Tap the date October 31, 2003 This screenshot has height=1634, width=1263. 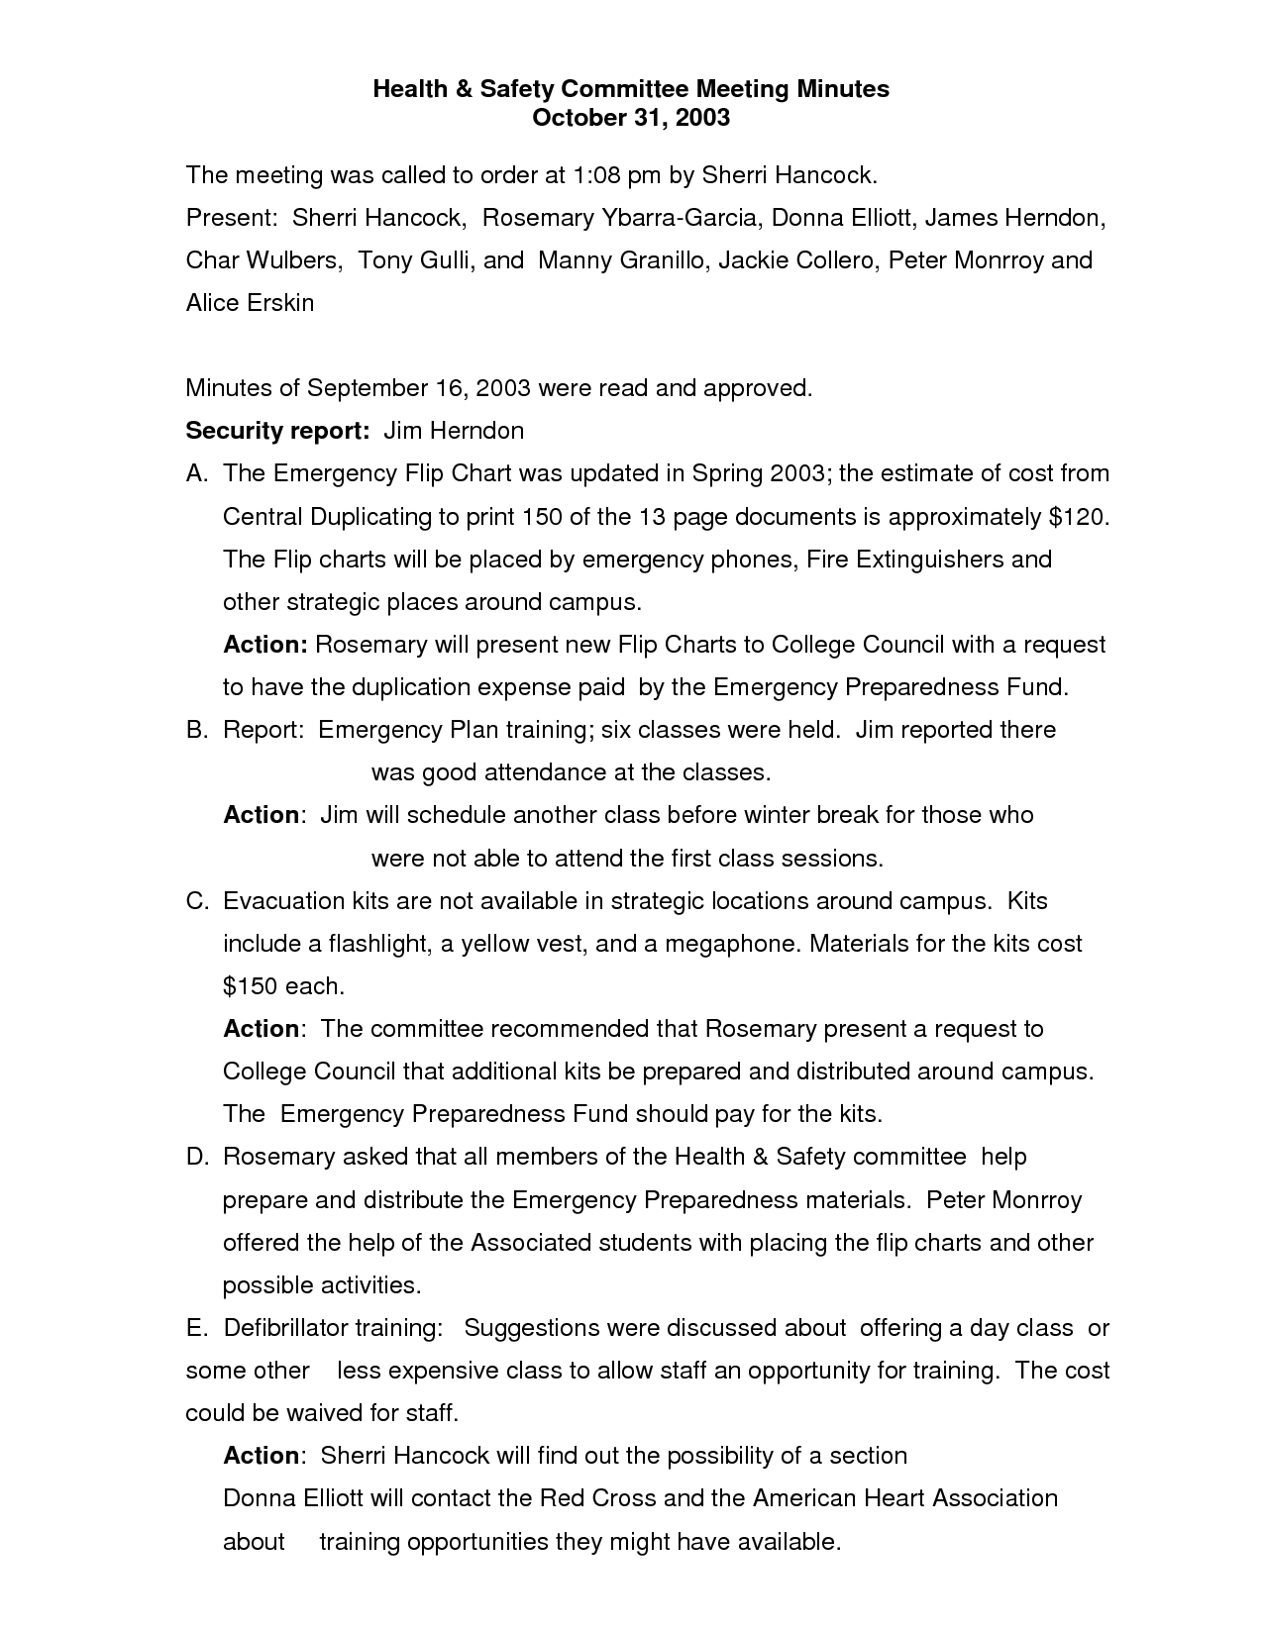coord(631,118)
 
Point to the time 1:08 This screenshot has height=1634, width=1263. coord(598,175)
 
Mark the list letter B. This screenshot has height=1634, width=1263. coord(196,730)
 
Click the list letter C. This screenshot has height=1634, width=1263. coord(196,901)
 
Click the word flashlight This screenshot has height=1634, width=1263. coord(376,944)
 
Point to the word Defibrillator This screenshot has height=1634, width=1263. coord(285,1328)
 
